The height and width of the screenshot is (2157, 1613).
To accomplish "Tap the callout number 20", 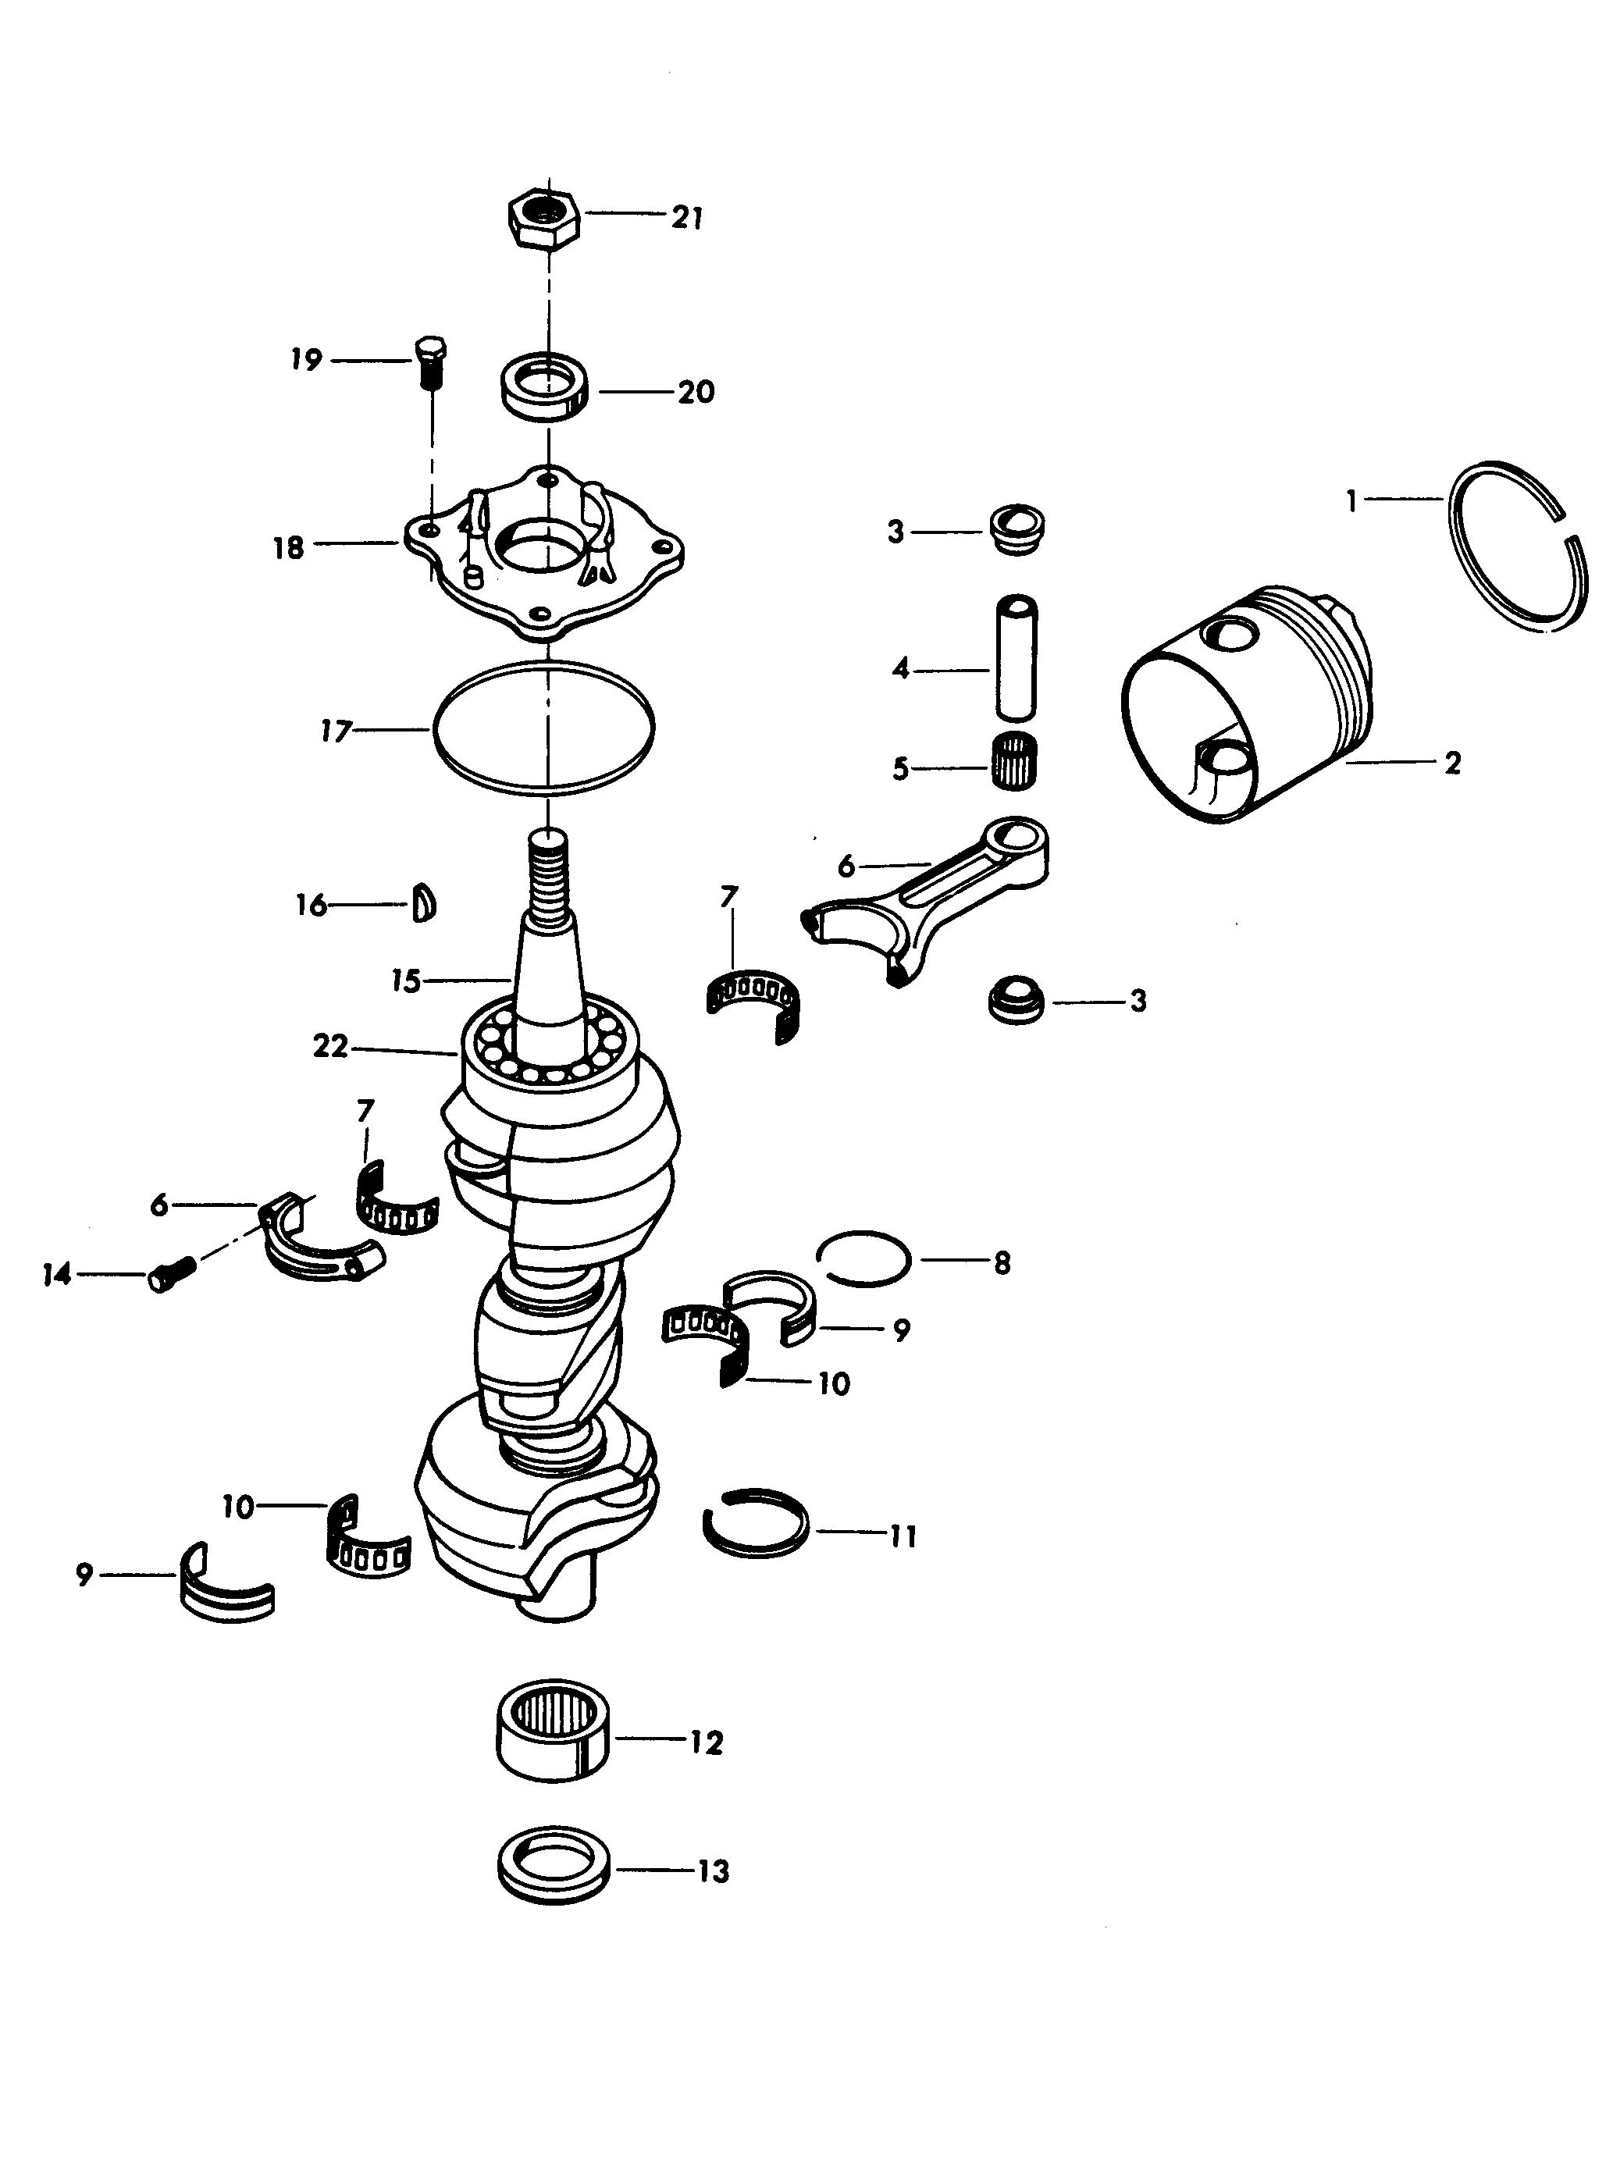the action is pos(696,392).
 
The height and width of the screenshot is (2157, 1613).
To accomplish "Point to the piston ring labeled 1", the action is pos(1519,548).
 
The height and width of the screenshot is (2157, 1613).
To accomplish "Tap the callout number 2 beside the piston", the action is pos(1452,763).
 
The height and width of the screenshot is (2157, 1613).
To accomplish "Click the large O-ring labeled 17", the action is pos(543,724).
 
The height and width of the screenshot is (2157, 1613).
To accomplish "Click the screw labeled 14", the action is pos(173,1272).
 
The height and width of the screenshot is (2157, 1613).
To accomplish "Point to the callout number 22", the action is pos(330,1046).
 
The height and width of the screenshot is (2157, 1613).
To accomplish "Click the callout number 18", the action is pos(289,548).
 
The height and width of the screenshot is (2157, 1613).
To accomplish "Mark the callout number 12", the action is pos(705,1742).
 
